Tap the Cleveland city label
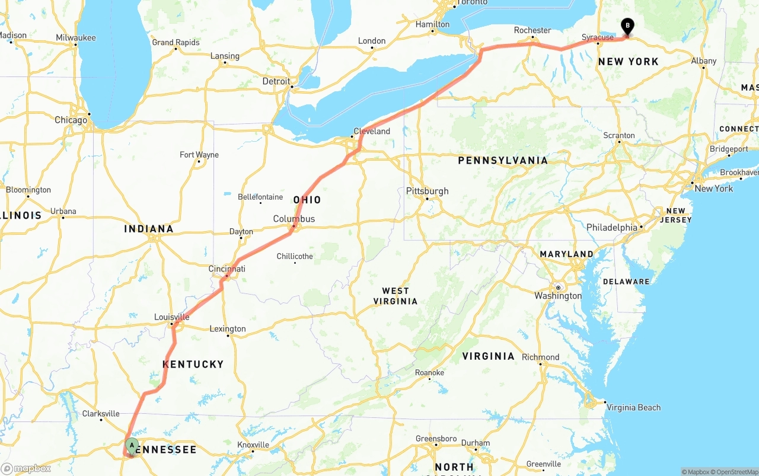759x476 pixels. (372, 131)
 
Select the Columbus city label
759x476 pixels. (294, 219)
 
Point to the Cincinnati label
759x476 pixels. (227, 269)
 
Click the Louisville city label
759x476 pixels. (171, 317)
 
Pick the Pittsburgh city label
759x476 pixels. (427, 191)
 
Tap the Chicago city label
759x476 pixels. (71, 120)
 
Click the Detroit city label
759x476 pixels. (276, 81)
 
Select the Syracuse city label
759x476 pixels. (598, 37)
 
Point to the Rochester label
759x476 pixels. (532, 30)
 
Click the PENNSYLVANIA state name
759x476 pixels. (503, 160)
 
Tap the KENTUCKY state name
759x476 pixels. (193, 364)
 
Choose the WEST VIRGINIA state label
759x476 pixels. (396, 296)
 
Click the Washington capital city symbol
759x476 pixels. (558, 287)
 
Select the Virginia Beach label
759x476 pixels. (633, 407)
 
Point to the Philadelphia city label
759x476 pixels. (612, 228)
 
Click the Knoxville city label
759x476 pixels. (253, 445)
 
